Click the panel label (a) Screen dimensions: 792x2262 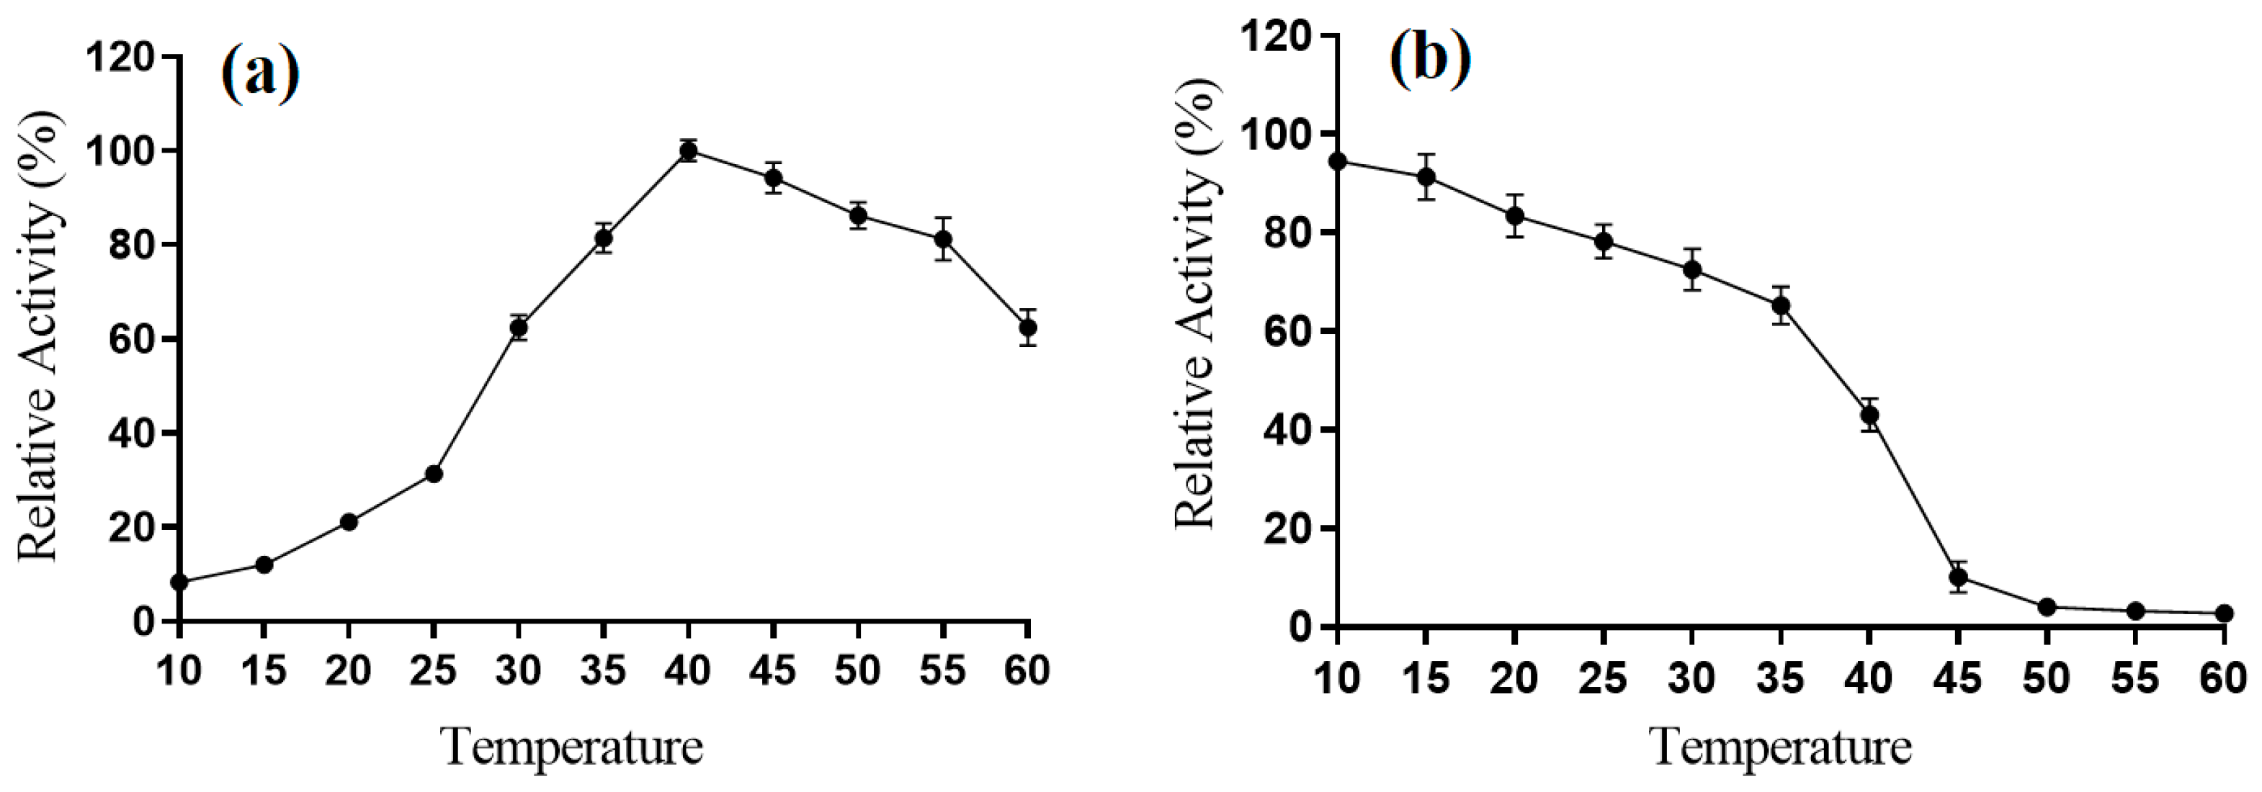click(x=260, y=76)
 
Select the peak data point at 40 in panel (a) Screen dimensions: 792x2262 click(x=689, y=151)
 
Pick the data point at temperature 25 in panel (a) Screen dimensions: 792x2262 click(x=434, y=474)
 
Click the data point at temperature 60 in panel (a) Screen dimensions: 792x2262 click(x=1027, y=328)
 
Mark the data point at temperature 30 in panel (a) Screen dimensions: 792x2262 click(x=519, y=328)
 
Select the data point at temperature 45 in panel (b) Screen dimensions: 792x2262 click(x=1957, y=577)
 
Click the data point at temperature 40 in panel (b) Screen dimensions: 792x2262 click(x=1869, y=415)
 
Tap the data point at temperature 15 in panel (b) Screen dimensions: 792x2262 click(x=1426, y=176)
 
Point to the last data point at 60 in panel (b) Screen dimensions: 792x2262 click(x=2223, y=613)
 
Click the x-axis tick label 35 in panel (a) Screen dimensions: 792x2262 click(x=602, y=672)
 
